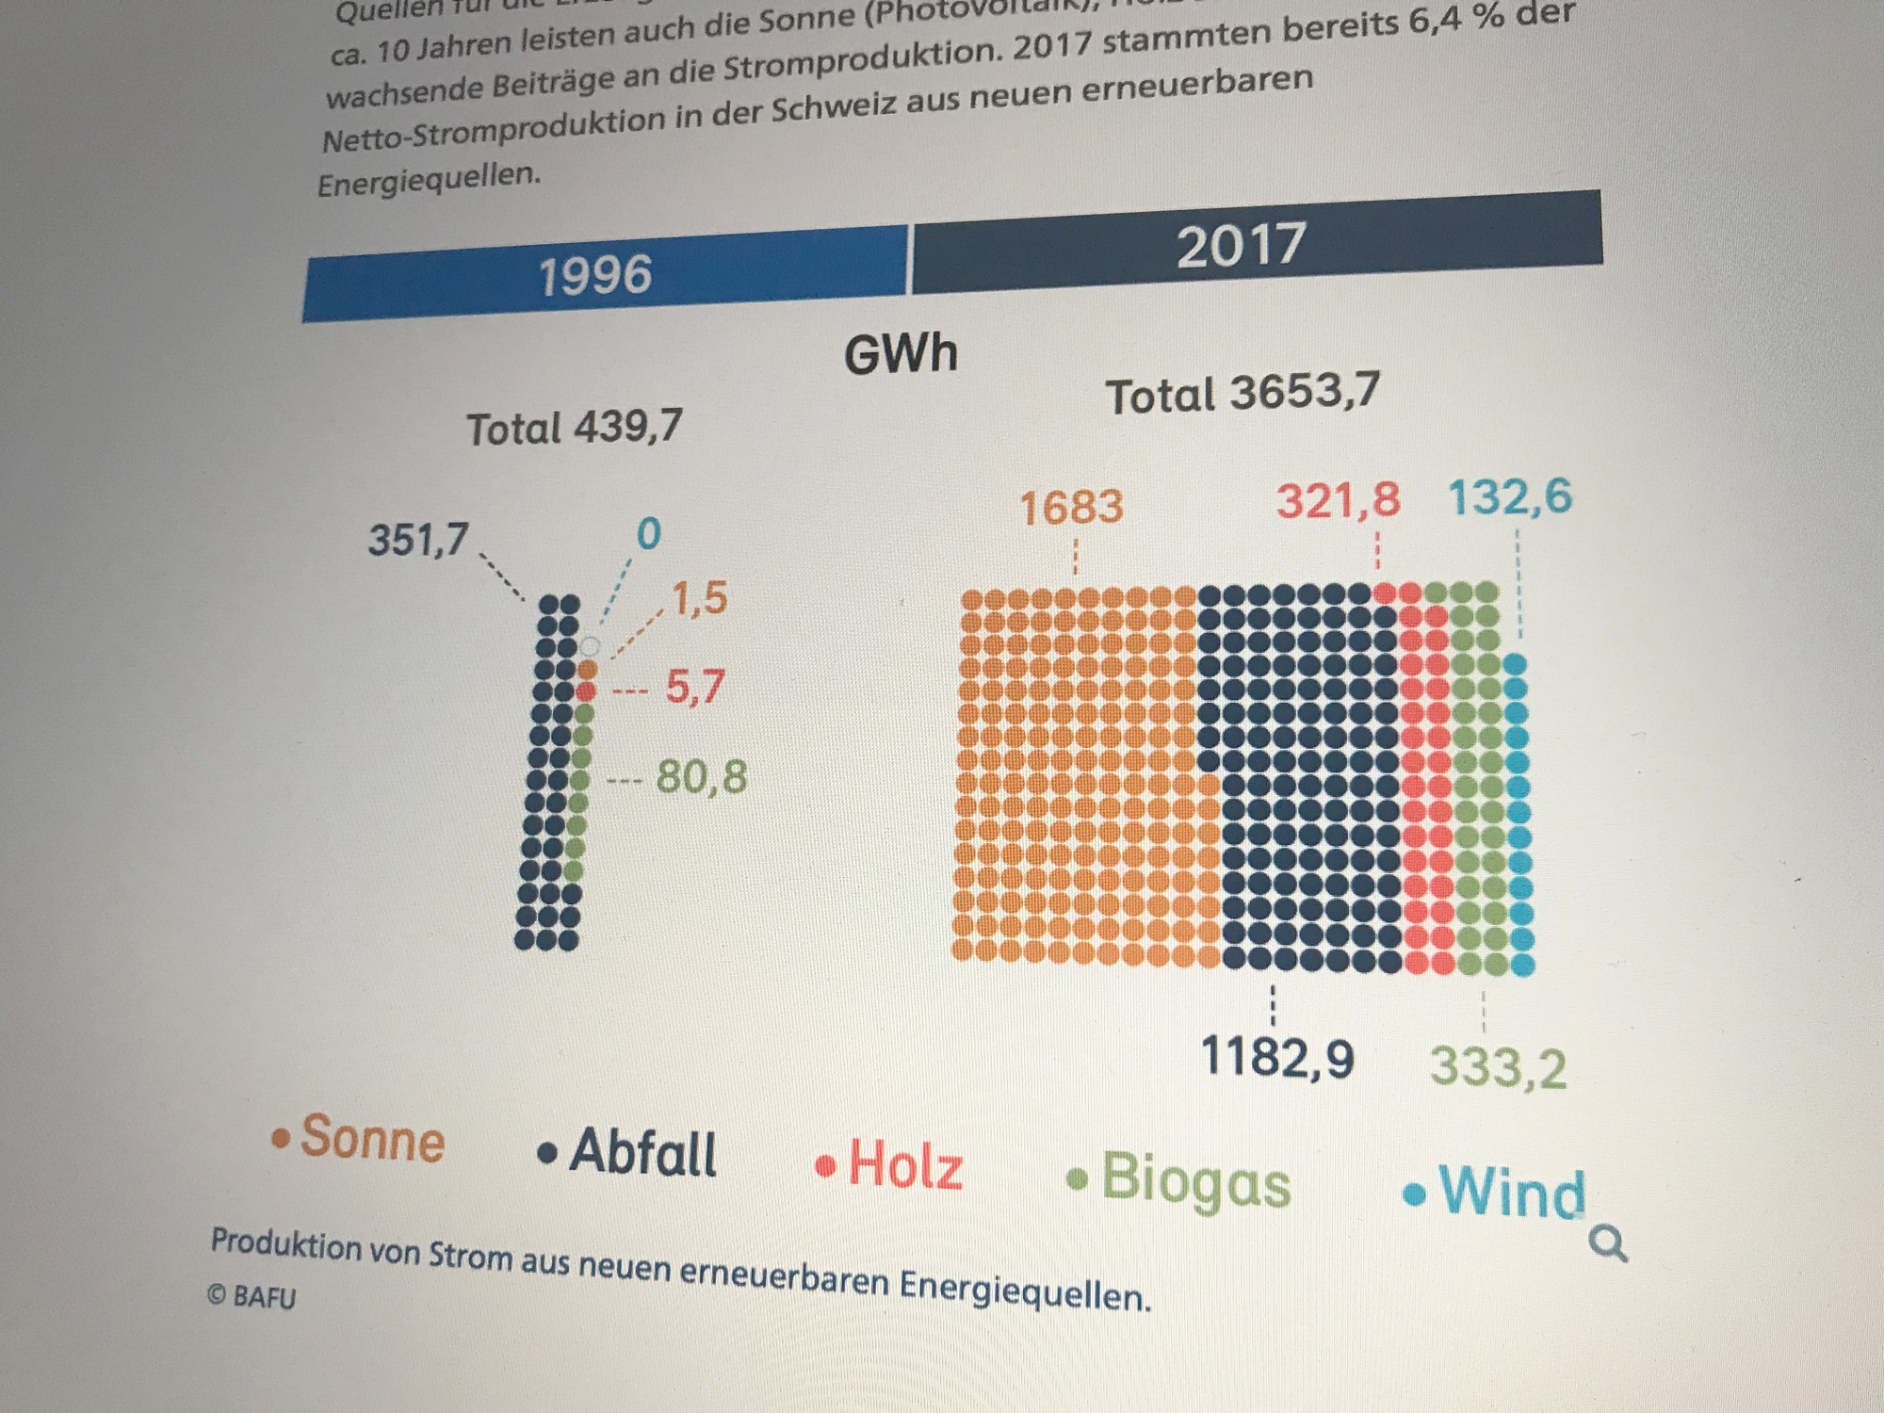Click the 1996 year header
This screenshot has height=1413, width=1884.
tap(595, 275)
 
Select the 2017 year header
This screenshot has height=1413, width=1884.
tap(1241, 245)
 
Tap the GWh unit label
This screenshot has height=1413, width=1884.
tap(901, 355)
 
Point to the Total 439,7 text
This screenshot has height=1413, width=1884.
tap(575, 428)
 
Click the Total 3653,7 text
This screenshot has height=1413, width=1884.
tap(1242, 393)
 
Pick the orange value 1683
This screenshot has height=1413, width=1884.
tap(1071, 508)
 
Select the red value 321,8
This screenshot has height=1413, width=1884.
tap(1338, 500)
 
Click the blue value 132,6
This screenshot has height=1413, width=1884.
tap(1509, 496)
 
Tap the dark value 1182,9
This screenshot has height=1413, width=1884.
tap(1277, 1057)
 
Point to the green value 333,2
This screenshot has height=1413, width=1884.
tap(1498, 1068)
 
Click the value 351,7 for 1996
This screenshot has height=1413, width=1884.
tap(417, 540)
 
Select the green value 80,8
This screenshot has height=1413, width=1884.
tap(702, 777)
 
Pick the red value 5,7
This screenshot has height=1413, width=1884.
tap(695, 687)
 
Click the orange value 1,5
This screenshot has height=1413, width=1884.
tap(699, 598)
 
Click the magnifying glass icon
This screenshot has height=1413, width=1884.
tap(1607, 1243)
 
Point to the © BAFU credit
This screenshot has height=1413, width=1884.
tap(252, 1297)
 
